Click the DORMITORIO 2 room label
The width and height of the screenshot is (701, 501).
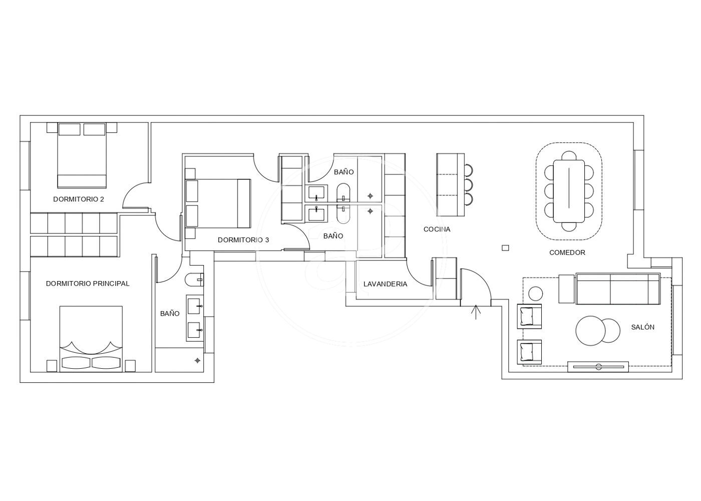79,199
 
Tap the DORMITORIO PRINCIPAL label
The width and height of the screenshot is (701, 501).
88,284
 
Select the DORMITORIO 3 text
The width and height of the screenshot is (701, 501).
243,240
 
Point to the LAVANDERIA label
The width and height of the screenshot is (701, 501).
385,284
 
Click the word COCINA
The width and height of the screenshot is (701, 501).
437,229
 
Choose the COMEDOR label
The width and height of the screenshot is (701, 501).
567,253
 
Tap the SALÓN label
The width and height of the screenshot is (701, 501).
643,327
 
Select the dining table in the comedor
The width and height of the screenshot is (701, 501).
569,191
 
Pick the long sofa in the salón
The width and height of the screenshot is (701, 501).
618,289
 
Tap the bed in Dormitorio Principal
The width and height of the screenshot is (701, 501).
91,339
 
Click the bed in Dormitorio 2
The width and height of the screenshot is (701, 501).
82,155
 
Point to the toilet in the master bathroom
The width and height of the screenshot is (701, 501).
194,280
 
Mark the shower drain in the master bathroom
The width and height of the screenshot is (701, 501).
197,360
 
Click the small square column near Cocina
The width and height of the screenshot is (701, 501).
505,248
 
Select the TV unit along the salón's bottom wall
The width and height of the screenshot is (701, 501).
598,367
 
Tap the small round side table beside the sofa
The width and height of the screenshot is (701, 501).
535,294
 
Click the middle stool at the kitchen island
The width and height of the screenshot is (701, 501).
468,185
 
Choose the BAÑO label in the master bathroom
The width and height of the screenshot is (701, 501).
170,314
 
